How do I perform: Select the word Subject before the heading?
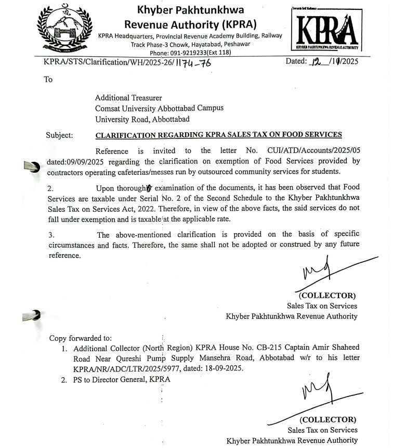[60, 135]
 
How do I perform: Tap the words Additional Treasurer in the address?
[128, 98]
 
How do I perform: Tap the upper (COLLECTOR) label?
[328, 296]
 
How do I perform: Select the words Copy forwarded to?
[80, 338]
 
